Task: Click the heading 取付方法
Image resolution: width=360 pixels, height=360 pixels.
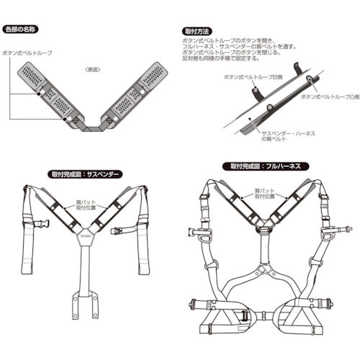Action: [x=196, y=32]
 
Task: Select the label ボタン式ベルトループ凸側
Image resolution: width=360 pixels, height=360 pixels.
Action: [x=327, y=96]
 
